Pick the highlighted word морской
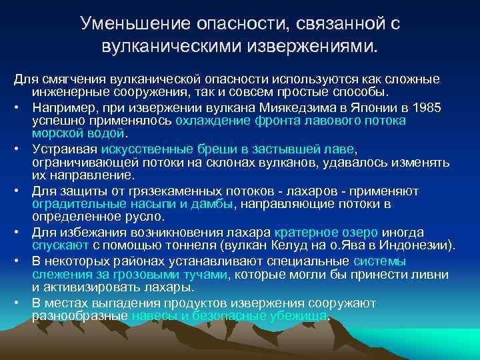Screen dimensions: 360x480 click(x=56, y=133)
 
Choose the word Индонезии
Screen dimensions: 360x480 click(x=417, y=246)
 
